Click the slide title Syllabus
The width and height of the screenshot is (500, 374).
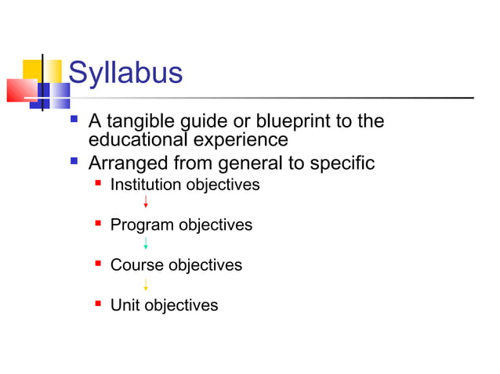tap(125, 74)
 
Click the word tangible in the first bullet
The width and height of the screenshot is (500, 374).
tap(143, 122)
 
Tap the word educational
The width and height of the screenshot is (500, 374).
tap(140, 140)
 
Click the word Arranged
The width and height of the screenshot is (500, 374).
tap(125, 164)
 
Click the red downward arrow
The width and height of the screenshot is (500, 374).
tap(146, 202)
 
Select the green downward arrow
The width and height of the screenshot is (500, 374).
tap(146, 243)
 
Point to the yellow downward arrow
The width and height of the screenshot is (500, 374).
tap(146, 283)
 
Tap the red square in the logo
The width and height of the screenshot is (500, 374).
tap(21, 90)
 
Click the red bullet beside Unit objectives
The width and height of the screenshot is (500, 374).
tap(98, 304)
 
